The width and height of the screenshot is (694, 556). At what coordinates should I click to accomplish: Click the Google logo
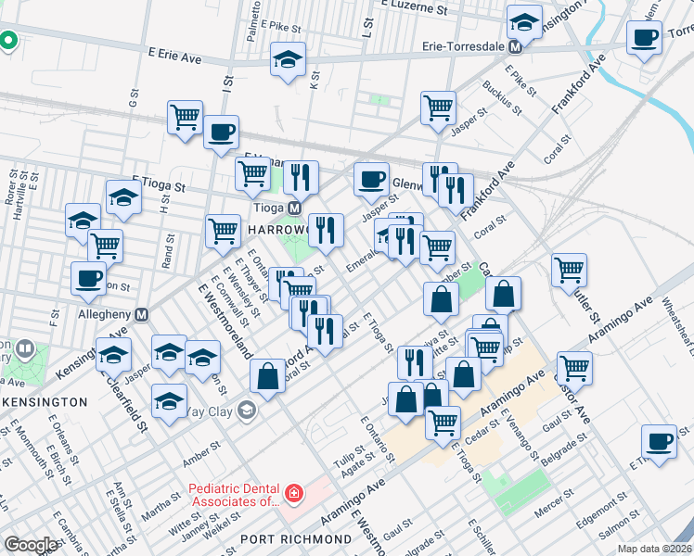pos(31,545)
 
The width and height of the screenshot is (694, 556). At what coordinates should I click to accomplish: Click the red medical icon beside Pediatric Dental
pos(294,493)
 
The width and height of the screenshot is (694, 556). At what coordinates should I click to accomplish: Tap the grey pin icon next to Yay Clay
pos(246,411)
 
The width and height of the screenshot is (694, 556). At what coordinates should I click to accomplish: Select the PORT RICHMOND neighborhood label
pos(284,538)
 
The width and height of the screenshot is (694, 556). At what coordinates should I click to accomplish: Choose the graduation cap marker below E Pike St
pos(289,59)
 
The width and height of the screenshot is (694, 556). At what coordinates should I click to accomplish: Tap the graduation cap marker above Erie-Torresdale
pos(524,22)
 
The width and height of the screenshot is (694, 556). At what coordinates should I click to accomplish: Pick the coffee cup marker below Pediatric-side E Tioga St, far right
pos(660,441)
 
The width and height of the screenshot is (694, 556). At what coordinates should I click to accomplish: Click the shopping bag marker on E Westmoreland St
pos(268,375)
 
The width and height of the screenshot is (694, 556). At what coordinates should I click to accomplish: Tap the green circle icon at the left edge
pos(7,41)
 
